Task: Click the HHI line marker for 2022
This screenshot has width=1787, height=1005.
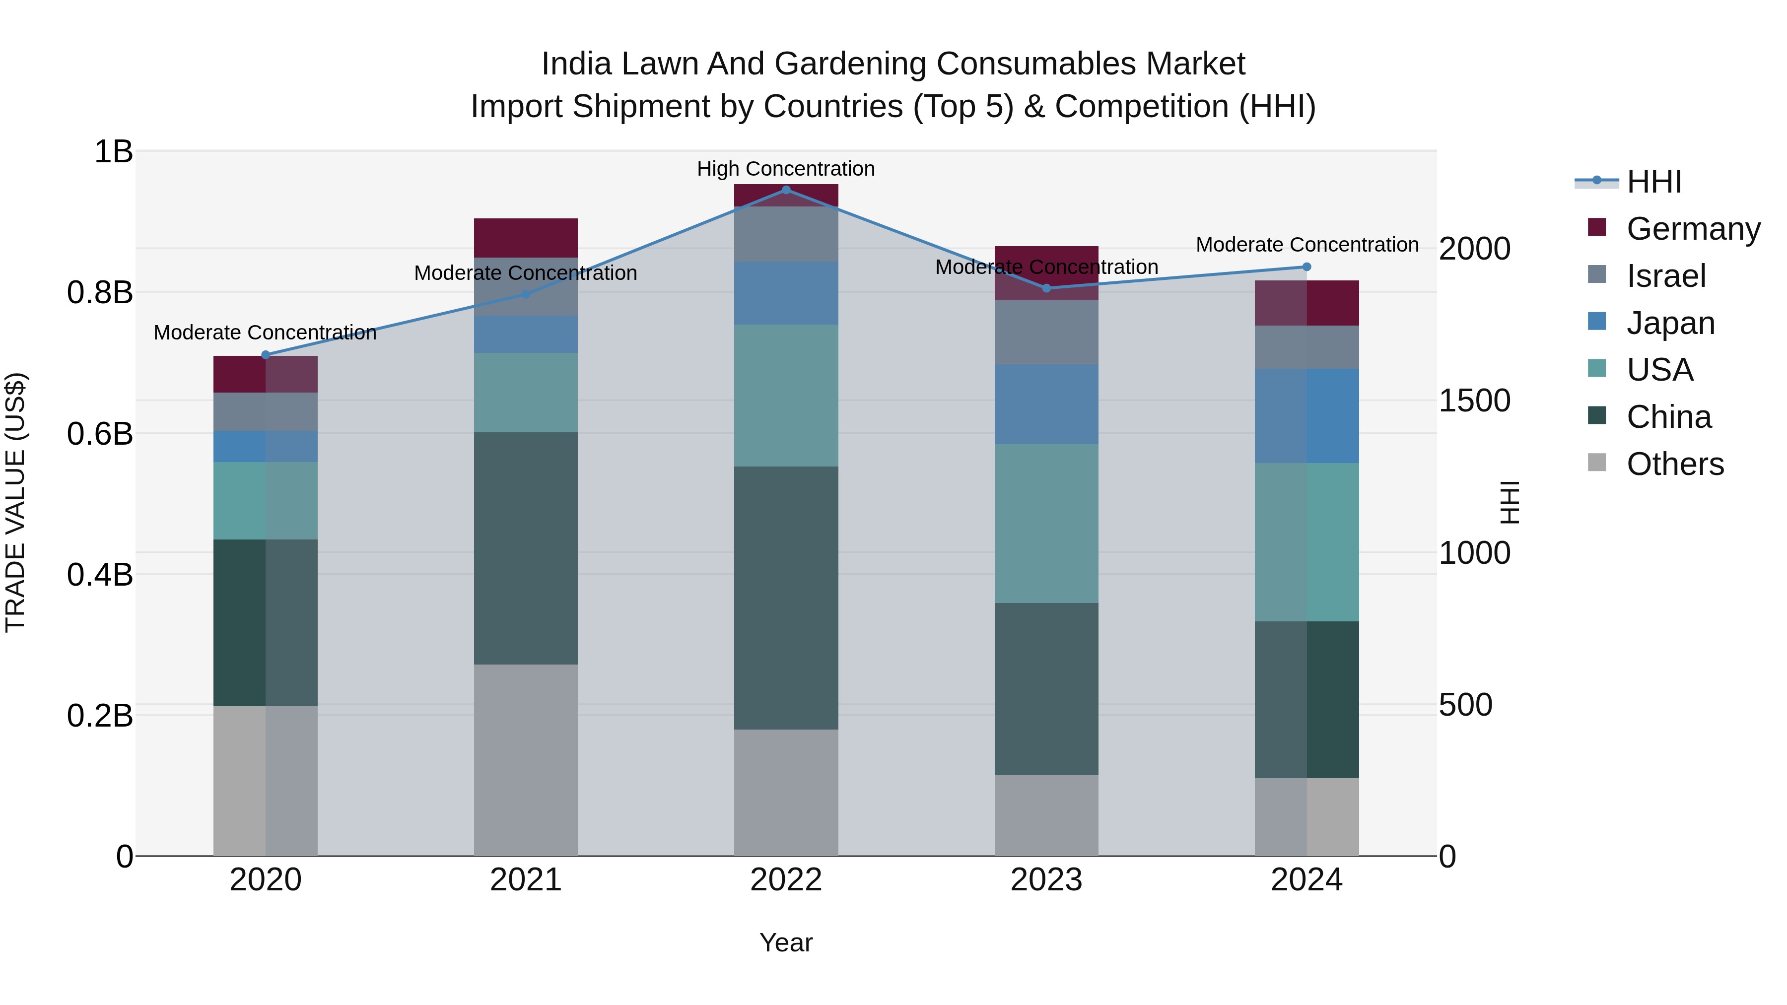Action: coord(786,190)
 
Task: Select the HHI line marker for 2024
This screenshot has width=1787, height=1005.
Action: coord(1306,267)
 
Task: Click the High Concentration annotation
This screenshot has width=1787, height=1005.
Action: coord(785,169)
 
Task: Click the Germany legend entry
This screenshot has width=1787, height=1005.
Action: coord(1693,228)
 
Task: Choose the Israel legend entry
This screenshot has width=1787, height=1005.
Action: coord(1665,275)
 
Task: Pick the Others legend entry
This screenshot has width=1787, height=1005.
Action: coord(1675,464)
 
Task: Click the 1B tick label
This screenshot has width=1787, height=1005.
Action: coord(113,151)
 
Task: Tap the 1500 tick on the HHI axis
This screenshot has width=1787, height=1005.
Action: coord(1474,401)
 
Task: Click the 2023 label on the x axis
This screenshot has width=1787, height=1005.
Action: coord(1046,880)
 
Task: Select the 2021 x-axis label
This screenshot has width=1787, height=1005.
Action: coord(525,880)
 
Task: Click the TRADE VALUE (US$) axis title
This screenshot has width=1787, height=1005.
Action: coord(15,502)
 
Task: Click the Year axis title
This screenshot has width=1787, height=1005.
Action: coord(785,942)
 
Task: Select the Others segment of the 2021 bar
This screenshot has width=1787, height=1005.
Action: coord(525,759)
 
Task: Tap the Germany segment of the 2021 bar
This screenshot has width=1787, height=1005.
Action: coord(525,238)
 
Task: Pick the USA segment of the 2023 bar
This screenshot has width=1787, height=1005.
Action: coord(1046,524)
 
